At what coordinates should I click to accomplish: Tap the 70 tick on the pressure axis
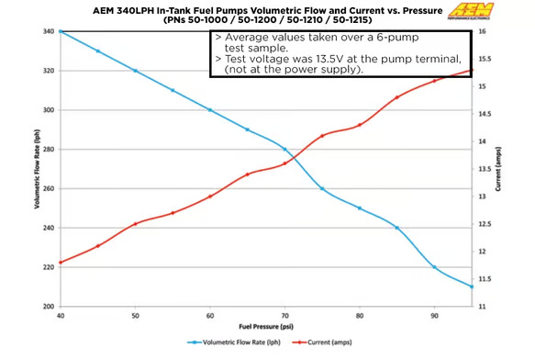pyautogui.click(x=285, y=316)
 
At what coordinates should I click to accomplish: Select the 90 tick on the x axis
pyautogui.click(x=435, y=316)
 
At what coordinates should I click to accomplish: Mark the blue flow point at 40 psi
pyautogui.click(x=61, y=31)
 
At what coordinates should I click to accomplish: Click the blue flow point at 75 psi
pyautogui.click(x=322, y=188)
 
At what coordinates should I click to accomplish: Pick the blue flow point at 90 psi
pyautogui.click(x=435, y=267)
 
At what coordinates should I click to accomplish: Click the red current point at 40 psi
pyautogui.click(x=61, y=263)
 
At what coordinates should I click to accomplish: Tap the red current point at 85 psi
pyautogui.click(x=397, y=97)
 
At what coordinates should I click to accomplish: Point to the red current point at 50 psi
pyautogui.click(x=135, y=224)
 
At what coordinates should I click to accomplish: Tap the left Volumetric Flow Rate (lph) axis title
pyautogui.click(x=36, y=170)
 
